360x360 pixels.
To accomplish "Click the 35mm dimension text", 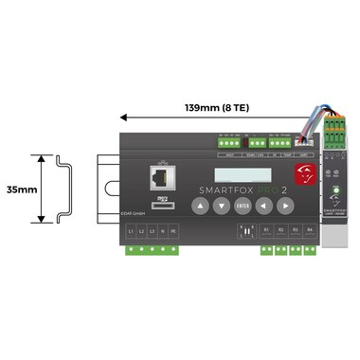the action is tap(20, 189).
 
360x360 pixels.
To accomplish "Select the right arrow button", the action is tap(285, 205).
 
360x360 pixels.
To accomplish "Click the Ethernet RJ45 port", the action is tap(158, 178).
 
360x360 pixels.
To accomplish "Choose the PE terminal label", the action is tap(173, 232).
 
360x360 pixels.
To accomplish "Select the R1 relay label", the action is tap(266, 230).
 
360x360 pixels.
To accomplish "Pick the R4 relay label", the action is tap(310, 230).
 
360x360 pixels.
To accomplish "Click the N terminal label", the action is tap(162, 232).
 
